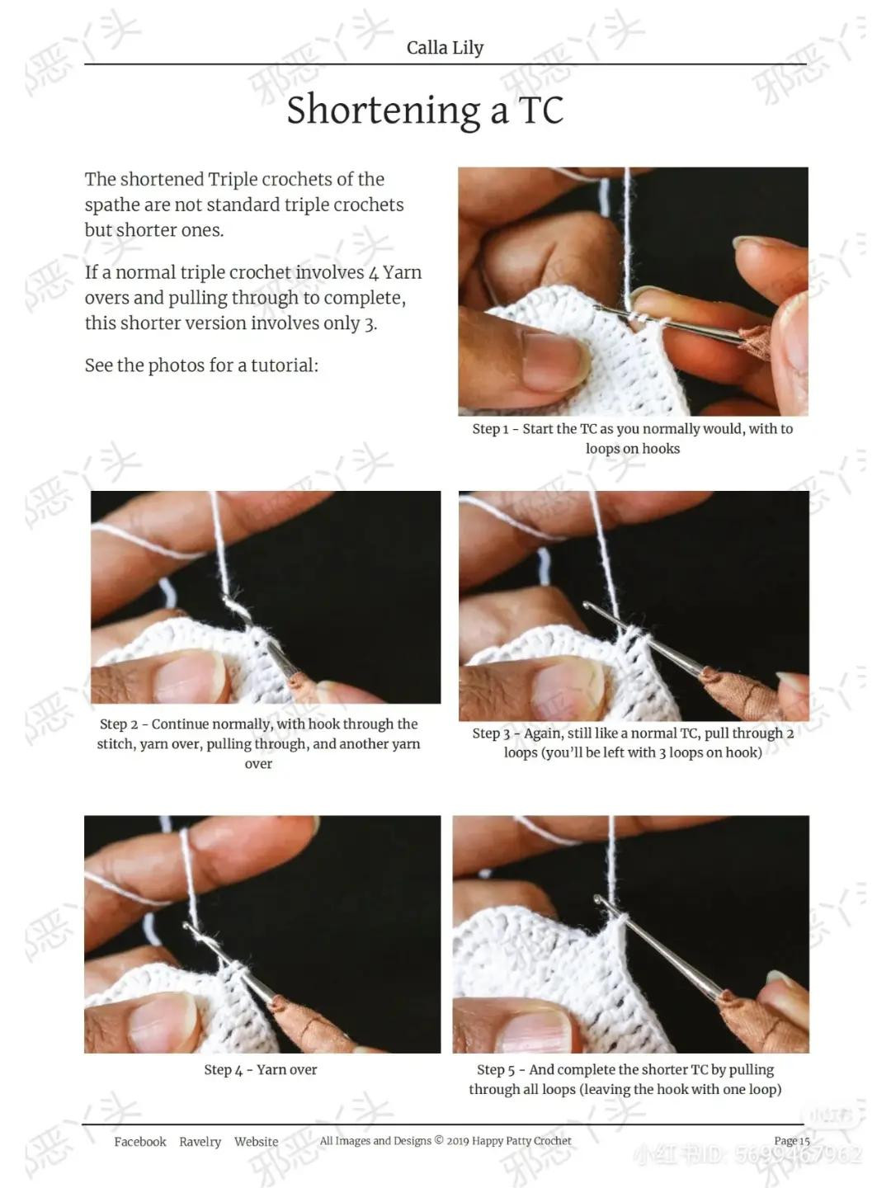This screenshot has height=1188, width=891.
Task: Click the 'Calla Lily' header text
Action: [x=445, y=48]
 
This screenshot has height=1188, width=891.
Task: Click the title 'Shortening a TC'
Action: [x=425, y=110]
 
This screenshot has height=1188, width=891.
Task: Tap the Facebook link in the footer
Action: [x=139, y=1142]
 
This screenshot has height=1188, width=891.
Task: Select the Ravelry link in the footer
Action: [x=200, y=1142]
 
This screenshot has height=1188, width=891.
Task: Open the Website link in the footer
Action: [x=256, y=1142]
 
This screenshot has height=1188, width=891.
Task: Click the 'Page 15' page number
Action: [x=791, y=1141]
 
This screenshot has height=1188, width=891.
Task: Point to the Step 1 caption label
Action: [x=490, y=429]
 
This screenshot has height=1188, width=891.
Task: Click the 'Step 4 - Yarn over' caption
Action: [x=260, y=1070]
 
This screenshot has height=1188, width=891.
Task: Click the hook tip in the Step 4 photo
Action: [x=189, y=929]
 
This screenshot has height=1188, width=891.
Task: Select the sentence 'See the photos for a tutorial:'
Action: [x=201, y=365]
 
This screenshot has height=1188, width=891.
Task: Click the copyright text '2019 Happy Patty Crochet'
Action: [x=508, y=1141]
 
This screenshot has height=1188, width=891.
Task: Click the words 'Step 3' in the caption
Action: [x=490, y=733]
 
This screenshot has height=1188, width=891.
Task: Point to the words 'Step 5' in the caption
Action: [x=495, y=1070]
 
